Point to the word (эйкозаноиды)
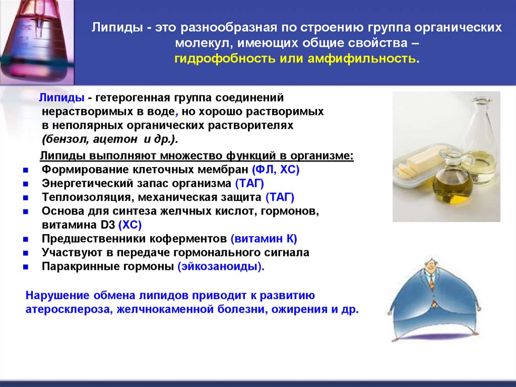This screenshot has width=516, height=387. (x=221, y=266)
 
